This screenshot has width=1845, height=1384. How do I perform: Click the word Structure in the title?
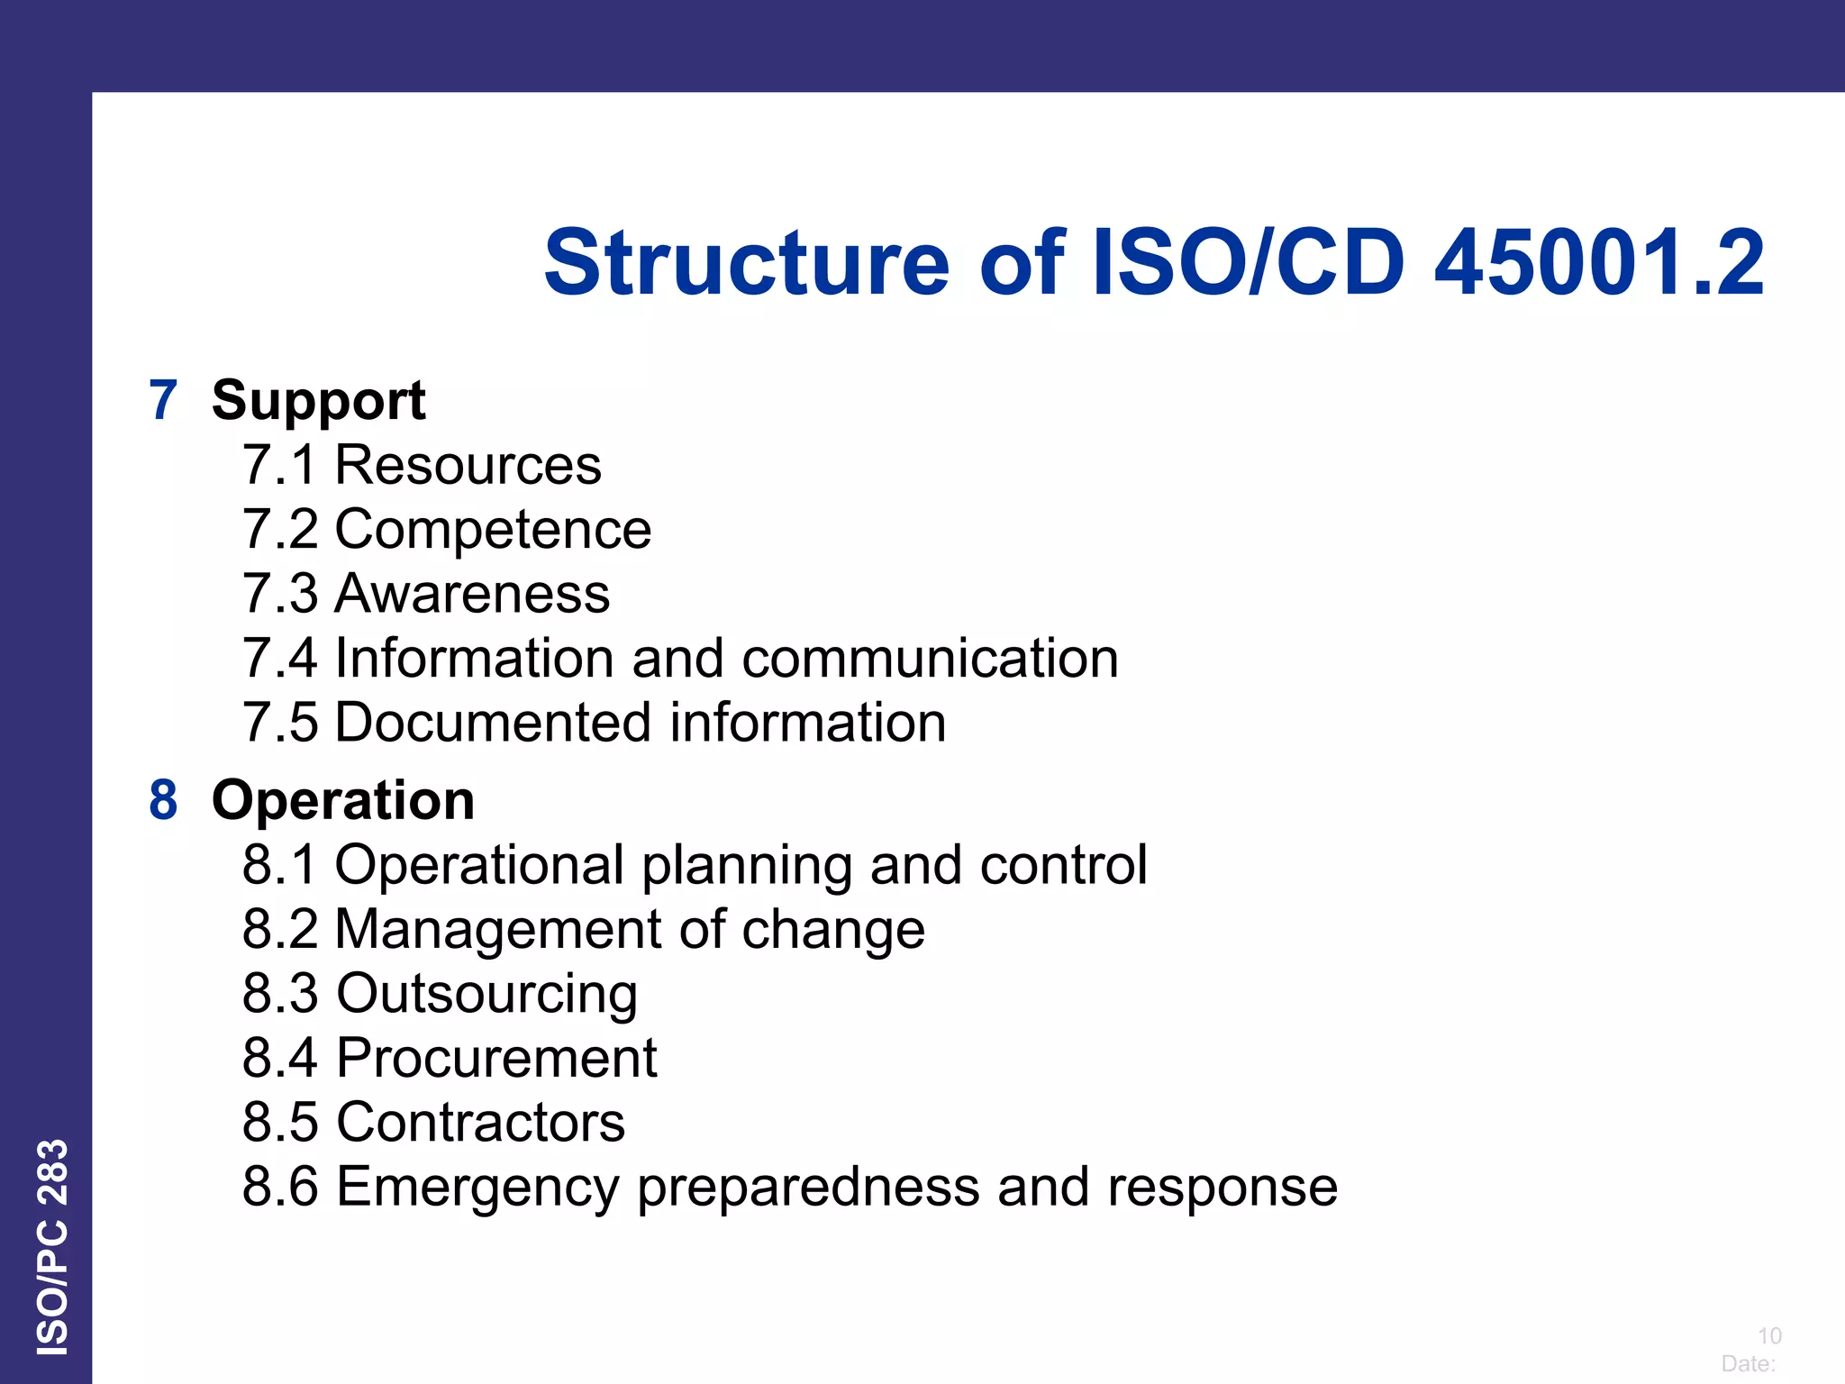click(747, 263)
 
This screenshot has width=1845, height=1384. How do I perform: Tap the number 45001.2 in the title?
click(1599, 263)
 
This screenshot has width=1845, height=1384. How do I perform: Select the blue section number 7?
click(163, 400)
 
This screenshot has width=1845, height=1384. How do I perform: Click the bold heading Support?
click(318, 400)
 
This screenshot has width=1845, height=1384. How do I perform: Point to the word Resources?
click(468, 465)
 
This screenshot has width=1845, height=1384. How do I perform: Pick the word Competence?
click(493, 529)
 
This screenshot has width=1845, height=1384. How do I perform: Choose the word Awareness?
click(472, 594)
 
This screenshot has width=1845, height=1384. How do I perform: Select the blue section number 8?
click(163, 800)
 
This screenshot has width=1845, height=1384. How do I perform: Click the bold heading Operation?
click(342, 800)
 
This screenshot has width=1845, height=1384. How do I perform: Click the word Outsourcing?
click(486, 994)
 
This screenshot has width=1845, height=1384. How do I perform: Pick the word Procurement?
click(496, 1058)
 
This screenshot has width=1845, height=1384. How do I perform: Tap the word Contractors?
click(480, 1123)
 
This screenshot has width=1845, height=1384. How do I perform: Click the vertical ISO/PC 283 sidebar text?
click(52, 1247)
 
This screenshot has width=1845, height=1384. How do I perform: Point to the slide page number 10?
click(1769, 1335)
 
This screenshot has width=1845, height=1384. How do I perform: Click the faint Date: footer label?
click(1748, 1363)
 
